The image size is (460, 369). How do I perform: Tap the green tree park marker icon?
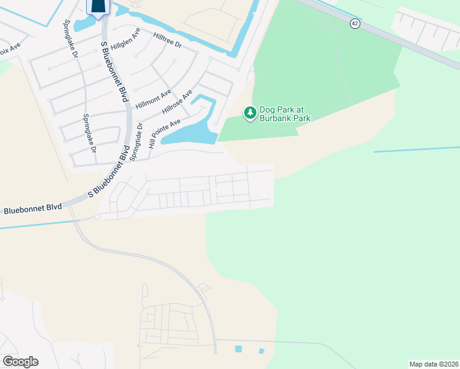250,113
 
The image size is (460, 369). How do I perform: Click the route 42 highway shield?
355,23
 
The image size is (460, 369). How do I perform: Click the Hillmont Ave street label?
153,99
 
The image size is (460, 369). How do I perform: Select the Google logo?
20,362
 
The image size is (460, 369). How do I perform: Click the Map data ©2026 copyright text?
434,364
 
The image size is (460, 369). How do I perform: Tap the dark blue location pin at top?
98,6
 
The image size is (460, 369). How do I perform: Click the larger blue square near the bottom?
239,349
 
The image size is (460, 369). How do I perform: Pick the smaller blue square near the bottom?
261,351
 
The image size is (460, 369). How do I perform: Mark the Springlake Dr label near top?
71,39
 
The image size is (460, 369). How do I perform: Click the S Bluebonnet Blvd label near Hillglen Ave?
116,71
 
